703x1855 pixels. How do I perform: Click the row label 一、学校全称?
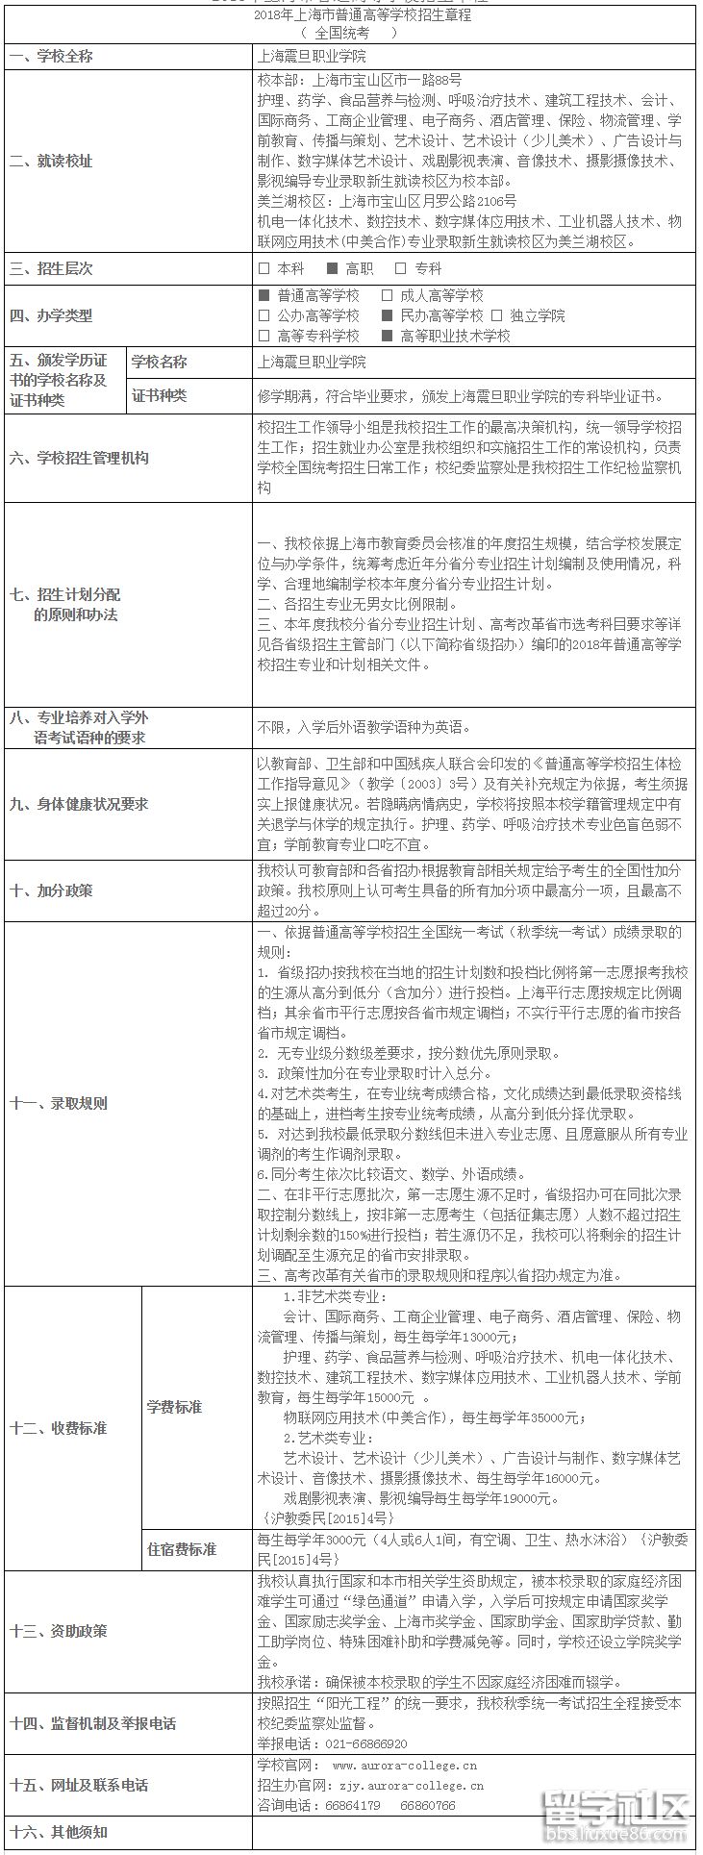click(x=52, y=57)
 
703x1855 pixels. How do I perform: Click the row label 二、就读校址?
click(x=52, y=162)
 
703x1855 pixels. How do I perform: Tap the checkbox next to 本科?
click(x=264, y=269)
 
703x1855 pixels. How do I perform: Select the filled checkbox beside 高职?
click(x=333, y=269)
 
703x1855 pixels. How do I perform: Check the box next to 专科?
click(x=401, y=269)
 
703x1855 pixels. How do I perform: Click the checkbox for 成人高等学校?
click(x=387, y=296)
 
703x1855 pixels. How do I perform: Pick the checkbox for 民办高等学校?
click(x=387, y=315)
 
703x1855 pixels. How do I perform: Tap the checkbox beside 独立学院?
click(x=497, y=315)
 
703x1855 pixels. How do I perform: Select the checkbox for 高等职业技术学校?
click(x=387, y=336)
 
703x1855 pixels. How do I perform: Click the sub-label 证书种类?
click(x=160, y=395)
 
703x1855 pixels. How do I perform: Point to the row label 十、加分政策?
click(x=52, y=890)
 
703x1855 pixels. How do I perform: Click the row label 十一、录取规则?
click(x=59, y=1103)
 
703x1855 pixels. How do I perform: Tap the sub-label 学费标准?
click(x=174, y=1407)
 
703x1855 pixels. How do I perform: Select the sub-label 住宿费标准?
click(x=182, y=1549)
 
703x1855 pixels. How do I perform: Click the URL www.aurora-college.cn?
click(x=404, y=1766)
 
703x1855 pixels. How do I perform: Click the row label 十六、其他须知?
click(x=59, y=1832)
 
